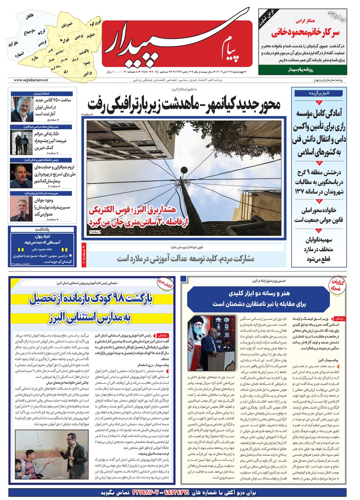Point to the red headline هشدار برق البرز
tap(139, 216)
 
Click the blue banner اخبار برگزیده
tap(319, 93)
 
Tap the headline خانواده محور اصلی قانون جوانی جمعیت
tap(319, 215)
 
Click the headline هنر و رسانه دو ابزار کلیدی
tap(259, 298)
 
